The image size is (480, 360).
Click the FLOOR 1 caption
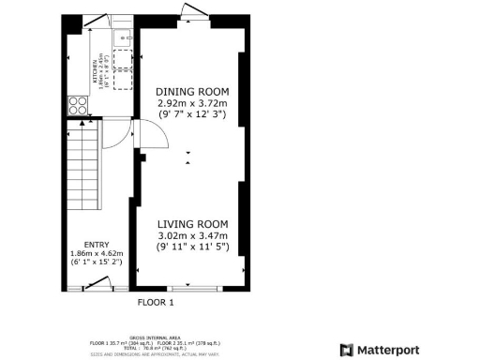coord(157,302)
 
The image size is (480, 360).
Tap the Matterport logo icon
coord(347,350)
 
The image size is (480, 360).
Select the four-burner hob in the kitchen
coord(77,105)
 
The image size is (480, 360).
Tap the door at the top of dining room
coord(194,10)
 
